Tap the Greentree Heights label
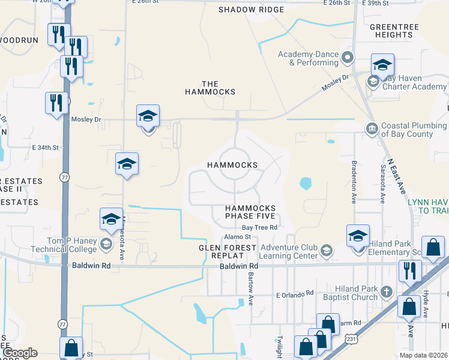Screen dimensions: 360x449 coord(391,31)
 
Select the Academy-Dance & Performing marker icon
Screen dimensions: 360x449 coord(348,58)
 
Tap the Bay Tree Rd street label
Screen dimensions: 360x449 coord(259,227)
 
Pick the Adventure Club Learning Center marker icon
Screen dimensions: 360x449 coord(327,251)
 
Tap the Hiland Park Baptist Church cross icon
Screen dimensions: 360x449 coord(387,292)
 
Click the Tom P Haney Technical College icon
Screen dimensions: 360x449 coord(106,243)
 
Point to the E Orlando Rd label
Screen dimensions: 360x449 coord(295,293)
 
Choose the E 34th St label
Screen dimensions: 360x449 coord(46,147)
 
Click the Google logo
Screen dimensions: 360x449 coord(20,353)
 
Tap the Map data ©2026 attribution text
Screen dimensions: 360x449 coord(423,355)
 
